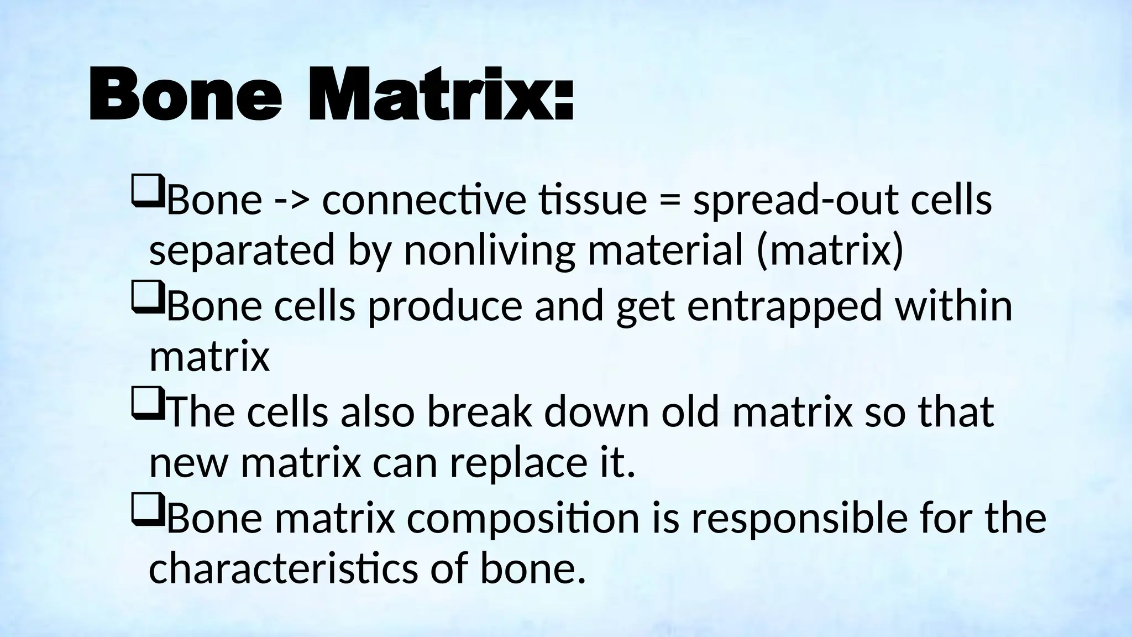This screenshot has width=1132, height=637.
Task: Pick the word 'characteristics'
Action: (283, 568)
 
